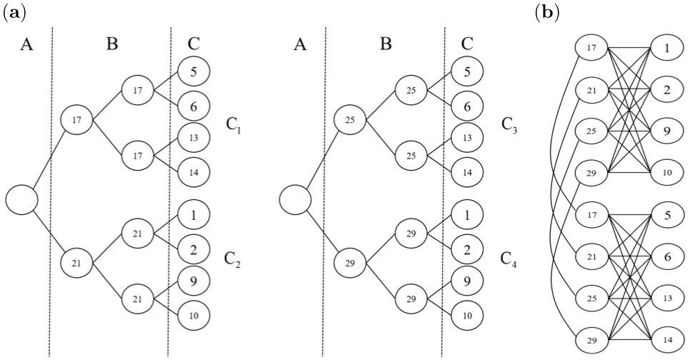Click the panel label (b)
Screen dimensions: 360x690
coord(547,13)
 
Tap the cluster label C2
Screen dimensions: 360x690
coord(232,259)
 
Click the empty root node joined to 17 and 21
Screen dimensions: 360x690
coord(21,199)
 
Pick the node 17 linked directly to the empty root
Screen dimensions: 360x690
coord(76,119)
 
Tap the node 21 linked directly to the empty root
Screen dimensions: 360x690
coord(76,263)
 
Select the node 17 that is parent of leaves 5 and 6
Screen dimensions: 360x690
coord(137,90)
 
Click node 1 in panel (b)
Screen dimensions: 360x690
coord(666,50)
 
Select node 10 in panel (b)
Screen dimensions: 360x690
coord(666,172)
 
